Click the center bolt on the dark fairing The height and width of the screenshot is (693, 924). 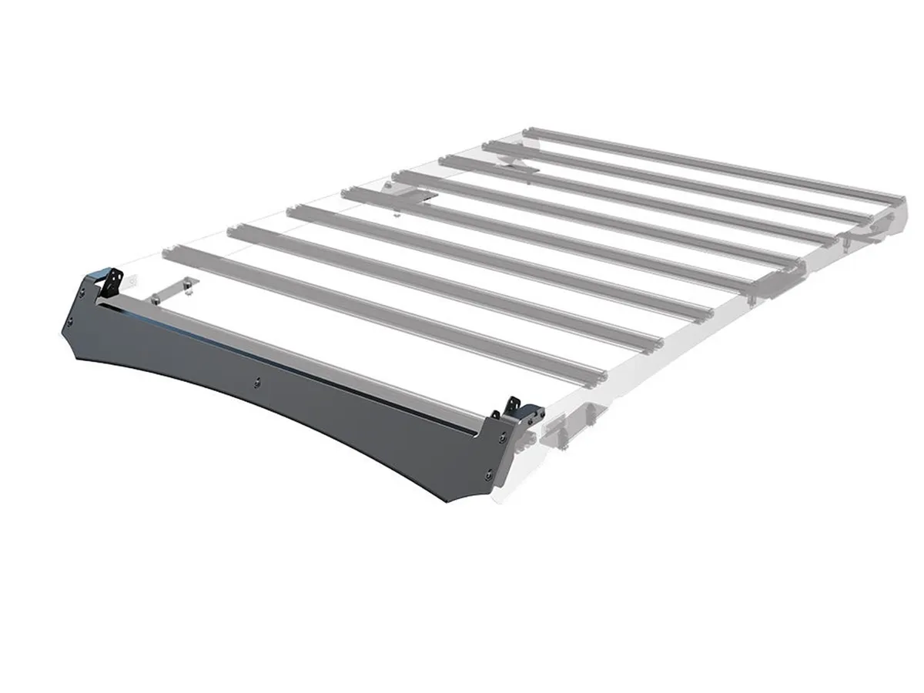(259, 380)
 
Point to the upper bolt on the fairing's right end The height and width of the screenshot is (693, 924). (502, 437)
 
